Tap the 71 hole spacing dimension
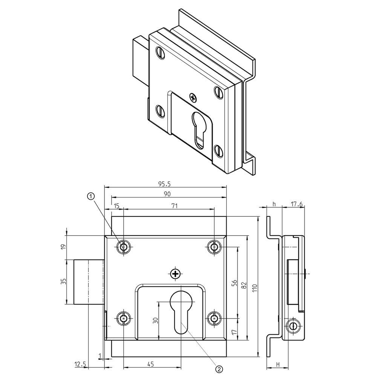point(175,205)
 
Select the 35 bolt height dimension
point(63,281)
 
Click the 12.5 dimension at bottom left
point(80,364)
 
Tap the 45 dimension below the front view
point(150,364)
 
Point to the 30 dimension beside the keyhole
point(155,320)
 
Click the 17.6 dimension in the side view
point(297,204)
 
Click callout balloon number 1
point(90,196)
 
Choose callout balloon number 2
point(219,369)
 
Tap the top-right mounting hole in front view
point(214,247)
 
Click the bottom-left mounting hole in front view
point(123,319)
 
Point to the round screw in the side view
point(294,327)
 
